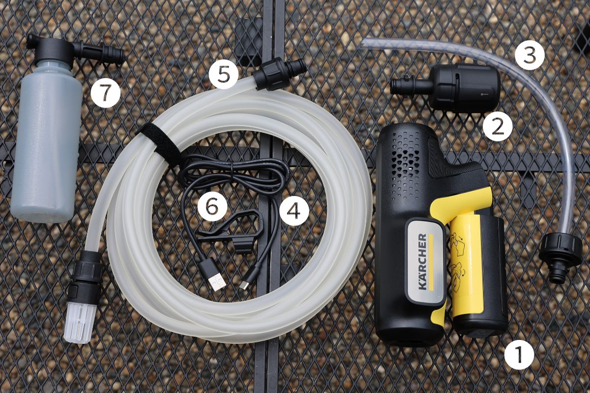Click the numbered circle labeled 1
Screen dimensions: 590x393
(519, 354)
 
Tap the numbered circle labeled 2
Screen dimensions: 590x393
(498, 127)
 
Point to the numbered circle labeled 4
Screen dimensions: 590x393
(294, 210)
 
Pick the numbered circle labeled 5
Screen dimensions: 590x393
(224, 74)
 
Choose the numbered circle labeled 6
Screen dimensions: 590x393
(212, 206)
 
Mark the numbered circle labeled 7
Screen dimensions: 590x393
(105, 93)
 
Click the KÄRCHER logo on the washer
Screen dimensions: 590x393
(422, 261)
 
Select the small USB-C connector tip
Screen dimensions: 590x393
(244, 285)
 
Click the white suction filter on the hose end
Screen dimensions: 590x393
(80, 323)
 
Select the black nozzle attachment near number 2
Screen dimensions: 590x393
(445, 87)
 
